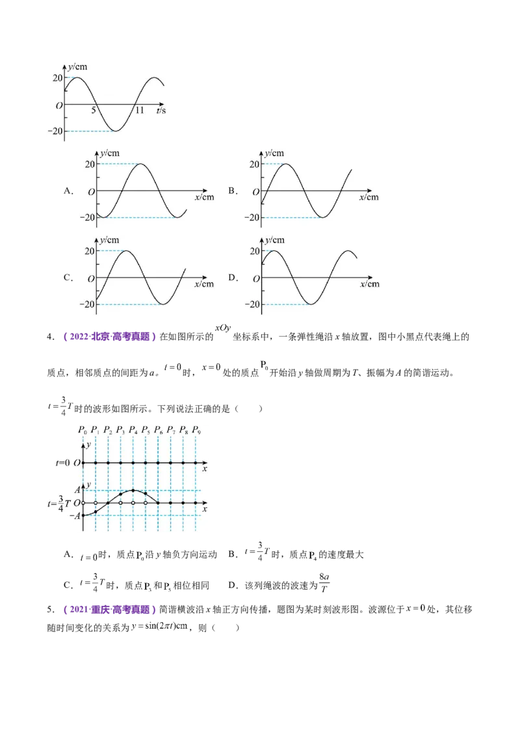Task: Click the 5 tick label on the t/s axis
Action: (x=94, y=111)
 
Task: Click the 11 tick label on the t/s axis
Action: (x=140, y=111)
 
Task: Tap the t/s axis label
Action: (x=161, y=111)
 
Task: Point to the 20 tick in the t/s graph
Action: (x=57, y=78)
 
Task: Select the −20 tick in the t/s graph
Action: (x=55, y=131)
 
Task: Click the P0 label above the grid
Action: (x=83, y=430)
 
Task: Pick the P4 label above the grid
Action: (x=133, y=430)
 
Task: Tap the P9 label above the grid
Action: (x=196, y=430)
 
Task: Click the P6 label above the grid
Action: (x=159, y=430)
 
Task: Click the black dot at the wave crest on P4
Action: (x=133, y=490)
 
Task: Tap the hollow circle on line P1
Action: (x=96, y=503)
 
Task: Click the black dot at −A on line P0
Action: (x=83, y=516)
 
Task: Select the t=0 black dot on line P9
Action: (x=196, y=463)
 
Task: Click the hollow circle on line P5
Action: (x=146, y=503)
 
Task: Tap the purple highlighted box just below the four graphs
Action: (x=109, y=336)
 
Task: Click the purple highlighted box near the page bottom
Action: (x=109, y=611)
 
